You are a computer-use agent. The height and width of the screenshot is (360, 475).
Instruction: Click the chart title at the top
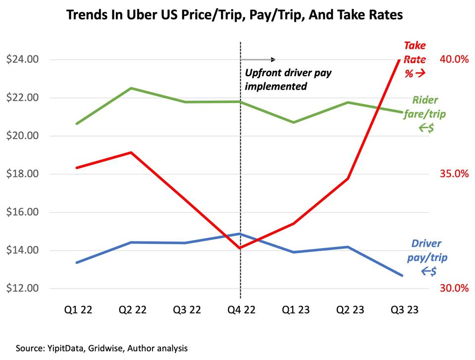pyautogui.click(x=234, y=15)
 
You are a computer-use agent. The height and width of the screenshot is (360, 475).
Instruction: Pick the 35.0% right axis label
pyautogui.click(x=454, y=174)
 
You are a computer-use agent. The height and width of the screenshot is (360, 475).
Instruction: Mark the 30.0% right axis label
pyautogui.click(x=454, y=289)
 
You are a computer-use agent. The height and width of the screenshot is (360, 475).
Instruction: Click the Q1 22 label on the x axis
pyautogui.click(x=78, y=310)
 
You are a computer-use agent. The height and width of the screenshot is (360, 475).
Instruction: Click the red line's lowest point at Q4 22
pyautogui.click(x=240, y=248)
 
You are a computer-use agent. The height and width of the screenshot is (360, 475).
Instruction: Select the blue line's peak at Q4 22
pyautogui.click(x=240, y=234)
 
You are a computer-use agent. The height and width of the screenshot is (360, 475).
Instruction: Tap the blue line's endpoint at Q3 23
pyautogui.click(x=402, y=275)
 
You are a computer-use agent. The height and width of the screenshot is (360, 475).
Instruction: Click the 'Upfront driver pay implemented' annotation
pyautogui.click(x=288, y=79)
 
